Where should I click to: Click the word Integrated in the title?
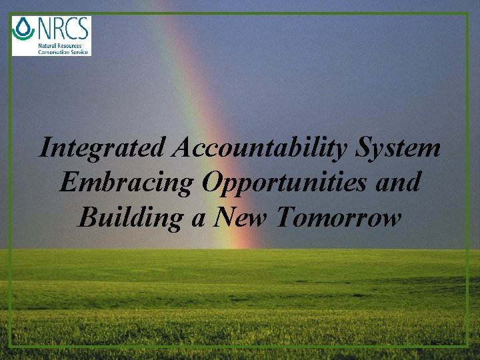pyautogui.click(x=102, y=148)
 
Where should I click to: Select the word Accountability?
pyautogui.click(x=257, y=148)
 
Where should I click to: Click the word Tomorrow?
pyautogui.click(x=339, y=216)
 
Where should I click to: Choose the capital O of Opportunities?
pyautogui.click(x=212, y=181)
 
